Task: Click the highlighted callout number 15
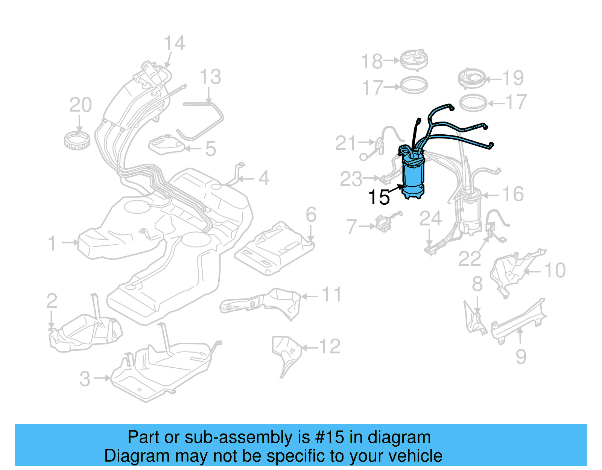coord(379,198)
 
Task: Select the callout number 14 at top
coord(175,43)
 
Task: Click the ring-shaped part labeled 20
coord(77,140)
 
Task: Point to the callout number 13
coord(210,77)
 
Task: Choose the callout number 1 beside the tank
coord(52,243)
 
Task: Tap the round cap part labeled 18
coord(414,59)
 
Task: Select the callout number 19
coord(513,78)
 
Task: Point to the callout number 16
coord(513,194)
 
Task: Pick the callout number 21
coord(345,143)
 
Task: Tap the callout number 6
coord(311,215)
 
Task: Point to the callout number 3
coord(85,379)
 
